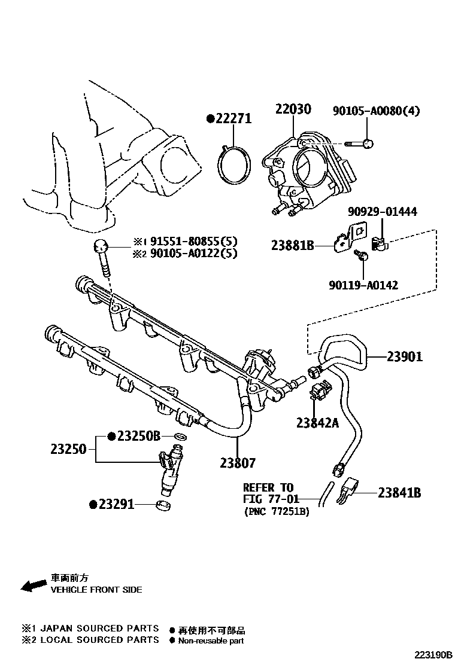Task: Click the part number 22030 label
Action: click(x=293, y=109)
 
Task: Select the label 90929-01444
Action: click(x=383, y=212)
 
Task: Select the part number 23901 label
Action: click(x=404, y=356)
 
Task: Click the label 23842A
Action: click(x=317, y=423)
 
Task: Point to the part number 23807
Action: click(x=238, y=462)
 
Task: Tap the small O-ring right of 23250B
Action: click(x=178, y=437)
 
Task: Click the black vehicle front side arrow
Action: click(x=34, y=585)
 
